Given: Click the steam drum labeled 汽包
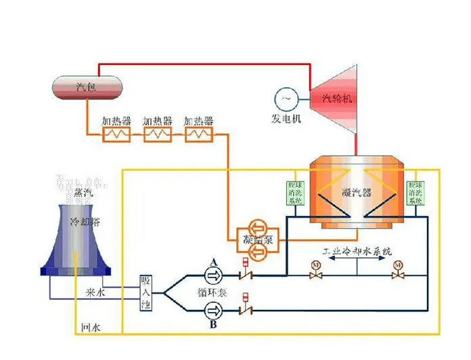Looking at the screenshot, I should click(x=87, y=87).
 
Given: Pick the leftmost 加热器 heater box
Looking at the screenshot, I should click(x=116, y=135).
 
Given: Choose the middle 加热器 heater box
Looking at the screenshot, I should click(x=157, y=135).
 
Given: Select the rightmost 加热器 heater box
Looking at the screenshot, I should click(x=198, y=135).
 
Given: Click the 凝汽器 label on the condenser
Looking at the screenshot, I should click(x=357, y=192).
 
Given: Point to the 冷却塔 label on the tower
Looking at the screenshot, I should click(x=85, y=222).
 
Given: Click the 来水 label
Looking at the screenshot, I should click(x=95, y=292).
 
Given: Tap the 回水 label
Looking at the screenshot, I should click(x=90, y=328).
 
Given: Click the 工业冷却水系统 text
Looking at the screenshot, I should click(x=357, y=251).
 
